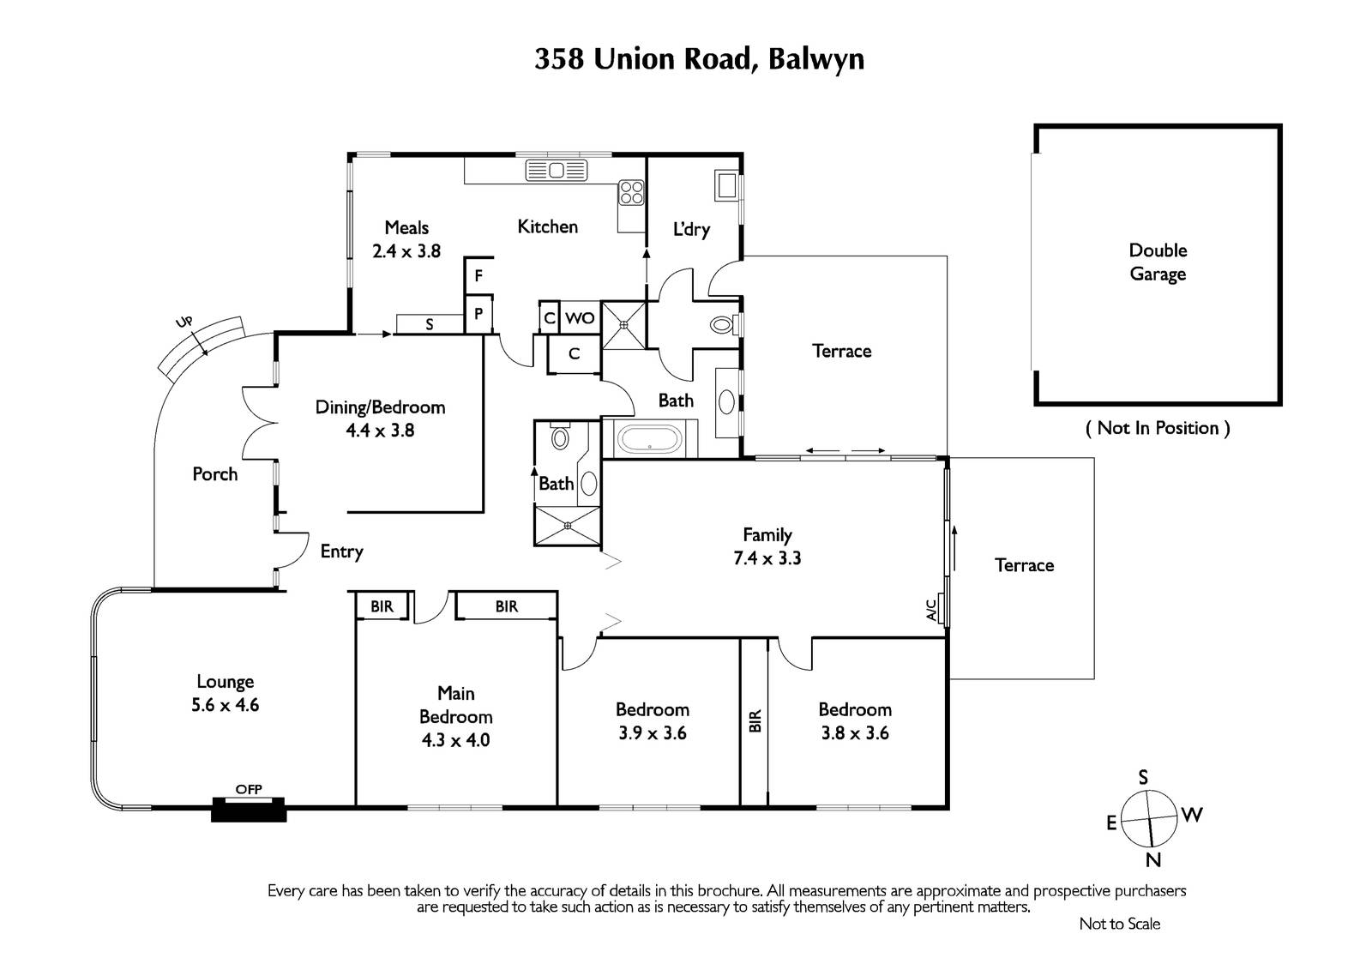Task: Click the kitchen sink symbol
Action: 557,171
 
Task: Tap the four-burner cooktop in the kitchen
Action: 631,192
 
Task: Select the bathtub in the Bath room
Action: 649,439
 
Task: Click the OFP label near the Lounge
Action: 249,789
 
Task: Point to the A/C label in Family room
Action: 931,610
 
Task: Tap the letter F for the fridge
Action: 479,276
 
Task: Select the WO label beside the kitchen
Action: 580,318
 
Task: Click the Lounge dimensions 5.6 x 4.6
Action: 225,705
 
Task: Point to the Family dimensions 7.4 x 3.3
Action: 767,557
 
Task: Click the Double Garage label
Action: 1158,262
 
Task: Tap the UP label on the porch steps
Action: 184,322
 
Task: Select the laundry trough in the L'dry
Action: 726,185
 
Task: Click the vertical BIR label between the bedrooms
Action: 755,720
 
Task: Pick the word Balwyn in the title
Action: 815,59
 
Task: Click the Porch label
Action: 215,473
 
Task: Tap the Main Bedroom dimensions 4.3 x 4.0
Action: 455,739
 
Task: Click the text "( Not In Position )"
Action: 1158,428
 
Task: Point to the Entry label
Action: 342,551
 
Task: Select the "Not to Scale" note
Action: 1120,924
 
